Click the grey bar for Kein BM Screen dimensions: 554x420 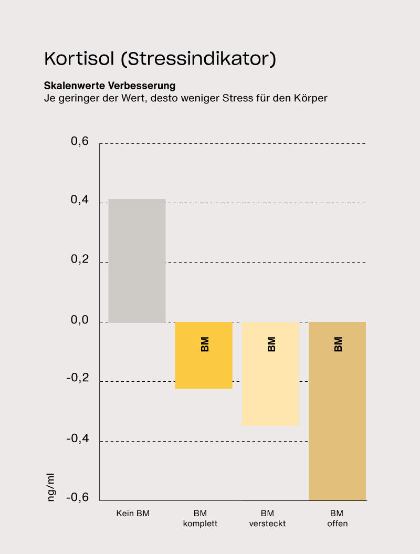137,260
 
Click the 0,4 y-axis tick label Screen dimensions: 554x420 80,201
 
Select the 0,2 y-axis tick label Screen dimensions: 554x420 80,260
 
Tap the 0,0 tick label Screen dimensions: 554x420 80,320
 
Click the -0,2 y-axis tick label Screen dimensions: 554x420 78,379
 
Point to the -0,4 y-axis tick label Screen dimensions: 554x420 78,438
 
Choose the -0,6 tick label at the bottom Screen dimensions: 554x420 78,497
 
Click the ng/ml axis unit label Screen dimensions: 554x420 51,487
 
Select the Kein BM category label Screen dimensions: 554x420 133,514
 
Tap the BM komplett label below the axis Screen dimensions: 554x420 200,518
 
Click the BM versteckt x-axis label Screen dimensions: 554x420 267,518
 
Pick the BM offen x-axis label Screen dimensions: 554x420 337,518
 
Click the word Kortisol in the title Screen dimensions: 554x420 79,58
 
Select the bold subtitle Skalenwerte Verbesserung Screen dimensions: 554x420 109,85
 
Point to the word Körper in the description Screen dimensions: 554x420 310,98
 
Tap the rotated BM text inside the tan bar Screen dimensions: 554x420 338,344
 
